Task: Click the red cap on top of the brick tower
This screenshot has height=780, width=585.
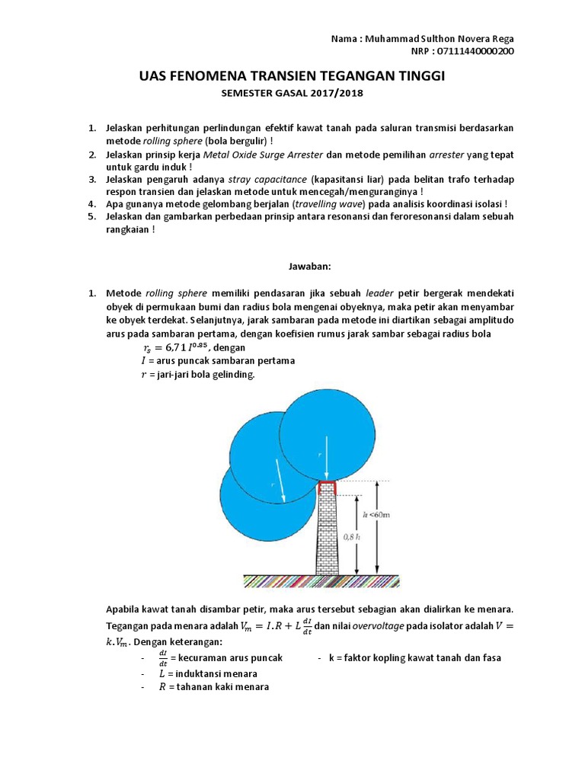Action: point(327,487)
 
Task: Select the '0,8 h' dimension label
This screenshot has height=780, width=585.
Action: point(352,536)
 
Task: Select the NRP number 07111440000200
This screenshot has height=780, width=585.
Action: point(473,51)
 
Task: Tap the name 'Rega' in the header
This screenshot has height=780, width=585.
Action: point(500,39)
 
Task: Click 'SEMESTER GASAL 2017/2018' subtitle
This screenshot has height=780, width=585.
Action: point(292,94)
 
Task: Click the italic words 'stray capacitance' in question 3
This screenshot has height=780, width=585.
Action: point(259,179)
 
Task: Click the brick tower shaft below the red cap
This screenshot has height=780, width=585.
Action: point(327,533)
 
